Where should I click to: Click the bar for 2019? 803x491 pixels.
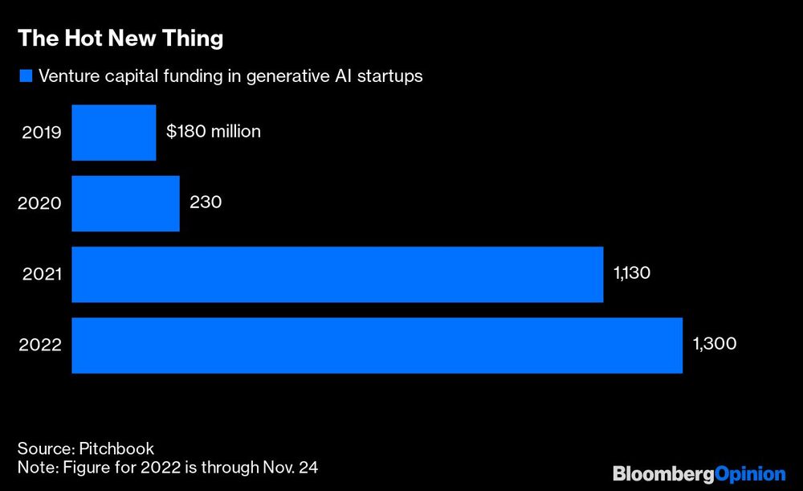(113, 133)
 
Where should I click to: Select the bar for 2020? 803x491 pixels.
(125, 203)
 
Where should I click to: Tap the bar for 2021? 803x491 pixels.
(337, 274)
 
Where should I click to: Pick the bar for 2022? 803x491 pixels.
(377, 345)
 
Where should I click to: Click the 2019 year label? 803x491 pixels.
(40, 133)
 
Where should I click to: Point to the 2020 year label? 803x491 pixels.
(40, 203)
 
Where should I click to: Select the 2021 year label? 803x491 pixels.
(40, 274)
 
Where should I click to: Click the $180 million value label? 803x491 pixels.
(213, 131)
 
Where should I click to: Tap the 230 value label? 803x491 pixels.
(206, 202)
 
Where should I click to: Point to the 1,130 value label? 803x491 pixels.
(631, 273)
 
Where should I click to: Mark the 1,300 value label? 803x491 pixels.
(714, 344)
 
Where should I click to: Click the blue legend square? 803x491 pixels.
(25, 76)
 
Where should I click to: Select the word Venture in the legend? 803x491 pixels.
(67, 76)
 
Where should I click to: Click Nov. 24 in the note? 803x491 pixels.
(300, 465)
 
